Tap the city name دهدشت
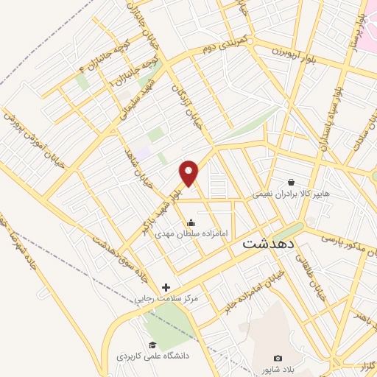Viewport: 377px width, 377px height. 269,243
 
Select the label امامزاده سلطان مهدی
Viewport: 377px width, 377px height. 191,233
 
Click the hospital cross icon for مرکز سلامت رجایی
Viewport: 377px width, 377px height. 166,287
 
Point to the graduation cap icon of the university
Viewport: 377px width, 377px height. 152,345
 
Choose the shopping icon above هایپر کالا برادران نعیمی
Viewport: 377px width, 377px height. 292,182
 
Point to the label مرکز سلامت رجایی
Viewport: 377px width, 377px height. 166,299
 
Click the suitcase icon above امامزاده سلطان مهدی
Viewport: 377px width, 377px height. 191,222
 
